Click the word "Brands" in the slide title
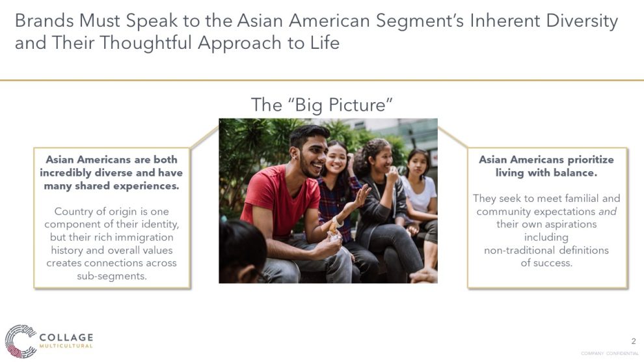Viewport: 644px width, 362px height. (44, 21)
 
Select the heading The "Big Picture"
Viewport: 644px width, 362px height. (321, 105)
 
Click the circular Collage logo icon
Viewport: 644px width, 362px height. (21, 341)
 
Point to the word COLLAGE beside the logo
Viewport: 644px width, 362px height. (66, 337)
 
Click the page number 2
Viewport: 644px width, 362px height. (634, 341)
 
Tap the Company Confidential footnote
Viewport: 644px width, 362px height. (610, 354)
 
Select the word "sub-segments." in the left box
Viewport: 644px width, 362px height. (112, 276)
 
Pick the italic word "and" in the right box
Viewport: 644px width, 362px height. (608, 211)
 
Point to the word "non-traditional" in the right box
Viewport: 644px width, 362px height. (518, 250)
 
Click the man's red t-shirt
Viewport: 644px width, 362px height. (280, 201)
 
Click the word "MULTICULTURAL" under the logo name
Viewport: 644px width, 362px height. (66, 346)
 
